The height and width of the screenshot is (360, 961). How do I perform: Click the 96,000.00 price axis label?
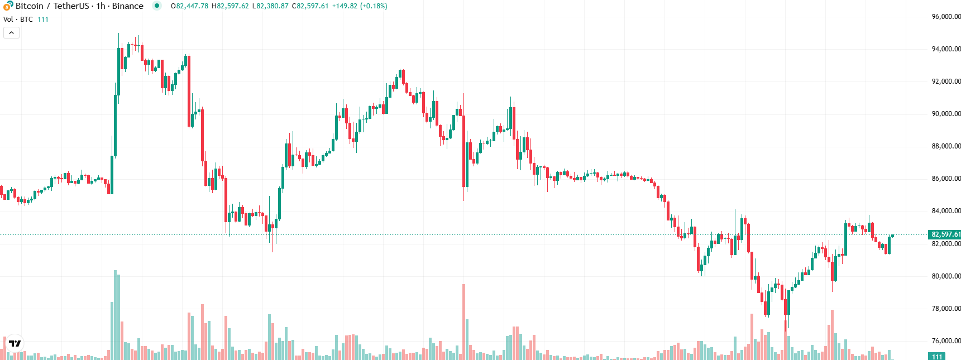pos(946,17)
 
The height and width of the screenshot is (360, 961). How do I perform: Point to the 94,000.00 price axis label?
pos(946,49)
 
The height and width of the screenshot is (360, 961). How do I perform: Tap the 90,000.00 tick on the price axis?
pos(946,114)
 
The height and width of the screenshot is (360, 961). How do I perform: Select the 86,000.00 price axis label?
pos(946,179)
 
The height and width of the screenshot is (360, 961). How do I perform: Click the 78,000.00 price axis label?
pos(946,309)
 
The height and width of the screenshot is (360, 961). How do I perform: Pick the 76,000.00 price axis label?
pos(946,341)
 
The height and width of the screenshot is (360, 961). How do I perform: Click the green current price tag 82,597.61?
pos(945,234)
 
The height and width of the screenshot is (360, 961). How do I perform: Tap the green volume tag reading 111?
pos(937,357)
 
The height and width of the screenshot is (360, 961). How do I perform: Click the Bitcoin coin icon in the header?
pos(8,6)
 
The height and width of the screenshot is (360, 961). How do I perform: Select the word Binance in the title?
pos(127,6)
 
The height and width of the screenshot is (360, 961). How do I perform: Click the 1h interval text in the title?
pos(101,6)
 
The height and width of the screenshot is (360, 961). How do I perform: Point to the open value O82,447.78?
pos(189,6)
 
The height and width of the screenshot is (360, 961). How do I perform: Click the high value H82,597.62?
pos(230,6)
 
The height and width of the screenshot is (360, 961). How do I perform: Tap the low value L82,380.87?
pos(270,6)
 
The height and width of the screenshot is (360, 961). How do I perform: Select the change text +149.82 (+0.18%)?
pos(360,6)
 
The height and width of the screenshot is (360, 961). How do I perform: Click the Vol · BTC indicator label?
pos(18,20)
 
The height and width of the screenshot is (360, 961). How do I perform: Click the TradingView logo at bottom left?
pos(15,343)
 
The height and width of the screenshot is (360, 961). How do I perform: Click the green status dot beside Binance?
pos(157,6)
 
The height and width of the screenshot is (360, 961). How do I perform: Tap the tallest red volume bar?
pos(463,321)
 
